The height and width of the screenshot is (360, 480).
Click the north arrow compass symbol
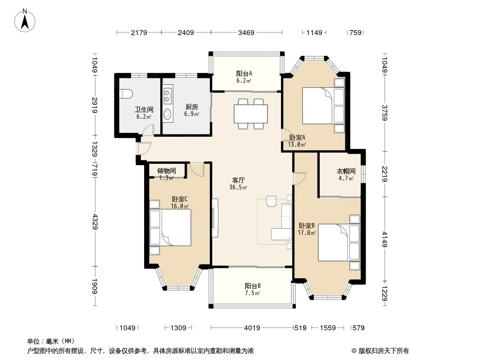(x=25, y=20)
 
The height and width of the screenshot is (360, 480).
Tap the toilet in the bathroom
(x=126, y=94)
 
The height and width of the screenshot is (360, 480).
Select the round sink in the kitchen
(x=168, y=114)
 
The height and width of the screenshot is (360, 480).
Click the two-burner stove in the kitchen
(x=168, y=95)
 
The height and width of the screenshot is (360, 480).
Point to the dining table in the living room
(x=251, y=113)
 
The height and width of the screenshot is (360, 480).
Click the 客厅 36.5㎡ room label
(x=238, y=184)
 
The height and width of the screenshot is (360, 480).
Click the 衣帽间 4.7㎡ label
(x=346, y=175)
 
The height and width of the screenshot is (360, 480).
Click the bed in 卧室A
(x=323, y=105)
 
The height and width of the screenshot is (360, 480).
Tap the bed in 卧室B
(x=339, y=243)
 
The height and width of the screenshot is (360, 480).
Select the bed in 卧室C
(x=171, y=228)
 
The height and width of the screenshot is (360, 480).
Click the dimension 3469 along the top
(x=246, y=32)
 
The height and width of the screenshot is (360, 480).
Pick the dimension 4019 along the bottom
(x=252, y=328)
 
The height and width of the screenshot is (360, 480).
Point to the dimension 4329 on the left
(x=95, y=222)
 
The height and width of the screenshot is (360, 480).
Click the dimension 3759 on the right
(x=385, y=113)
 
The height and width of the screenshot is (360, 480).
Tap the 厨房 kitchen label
(x=192, y=110)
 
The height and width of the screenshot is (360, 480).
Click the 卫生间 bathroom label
(x=144, y=112)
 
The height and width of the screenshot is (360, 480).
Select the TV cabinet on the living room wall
(x=215, y=217)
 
